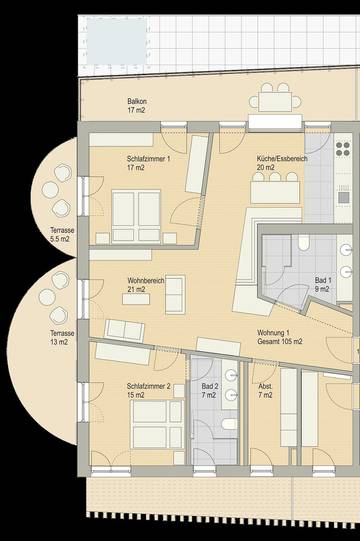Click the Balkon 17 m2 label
pyautogui.click(x=137, y=106)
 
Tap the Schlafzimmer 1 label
pyautogui.click(x=148, y=164)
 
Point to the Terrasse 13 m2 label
pyautogui.click(x=52, y=337)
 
